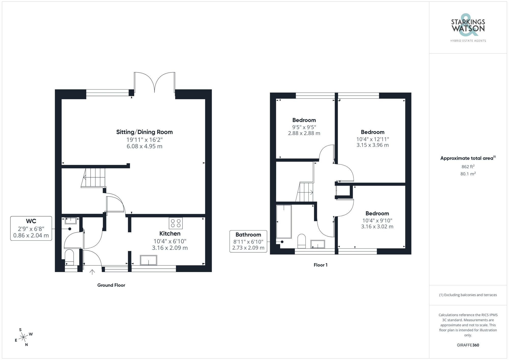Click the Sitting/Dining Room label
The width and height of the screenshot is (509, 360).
coord(144,132)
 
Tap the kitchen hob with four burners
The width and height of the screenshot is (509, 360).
coord(176,223)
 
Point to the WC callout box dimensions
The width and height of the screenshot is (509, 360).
coord(31,232)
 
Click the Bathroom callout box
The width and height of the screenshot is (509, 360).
coord(248,241)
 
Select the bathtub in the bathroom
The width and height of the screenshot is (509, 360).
coord(284,221)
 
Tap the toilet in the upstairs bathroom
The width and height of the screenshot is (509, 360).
coord(302,241)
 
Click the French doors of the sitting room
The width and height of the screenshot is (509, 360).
coord(154,83)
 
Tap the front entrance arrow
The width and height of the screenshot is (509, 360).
coord(92,272)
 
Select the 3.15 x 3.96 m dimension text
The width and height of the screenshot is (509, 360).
coord(372,145)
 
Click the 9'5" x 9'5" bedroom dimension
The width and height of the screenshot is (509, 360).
coord(304,127)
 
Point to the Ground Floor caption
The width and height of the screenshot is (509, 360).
coord(111,285)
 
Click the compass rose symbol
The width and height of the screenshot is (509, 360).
coord(23,338)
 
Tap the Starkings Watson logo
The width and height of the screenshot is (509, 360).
coord(468,27)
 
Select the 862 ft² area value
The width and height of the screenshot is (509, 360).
coord(468,167)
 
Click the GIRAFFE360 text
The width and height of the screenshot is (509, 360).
coord(468,345)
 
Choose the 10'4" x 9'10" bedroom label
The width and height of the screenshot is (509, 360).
coord(377,221)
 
